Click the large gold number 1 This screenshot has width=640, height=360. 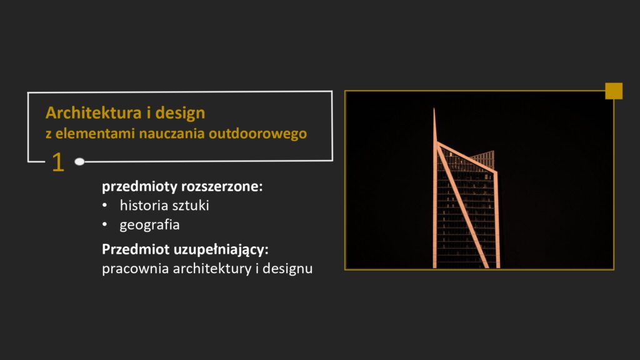pos(57,162)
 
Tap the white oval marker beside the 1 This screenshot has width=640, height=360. pos(79,161)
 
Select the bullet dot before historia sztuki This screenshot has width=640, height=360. pos(105,206)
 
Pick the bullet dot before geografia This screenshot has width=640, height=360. pos(105,224)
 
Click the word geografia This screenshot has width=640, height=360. pos(149,224)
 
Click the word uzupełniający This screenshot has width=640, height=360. pos(227,249)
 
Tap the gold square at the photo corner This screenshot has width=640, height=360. pos(614,91)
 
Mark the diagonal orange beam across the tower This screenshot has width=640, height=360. pos(462,206)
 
